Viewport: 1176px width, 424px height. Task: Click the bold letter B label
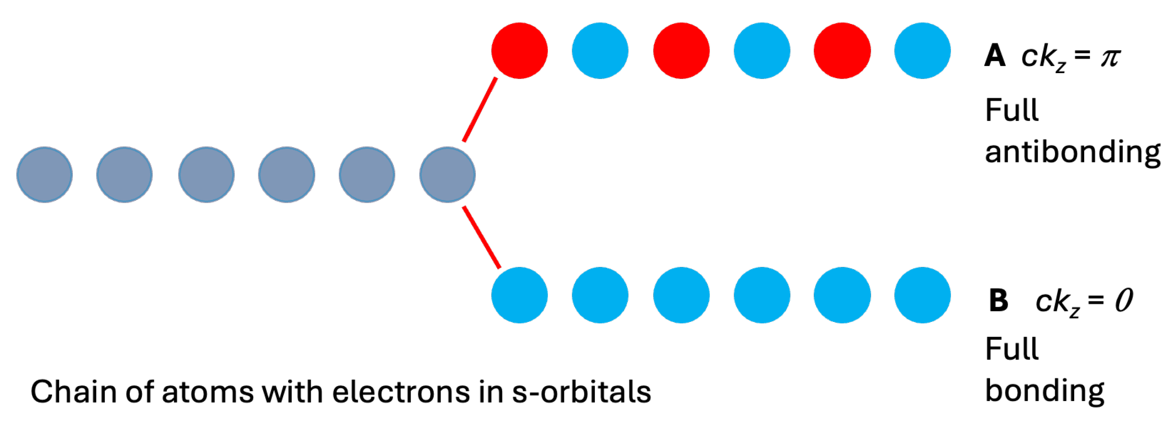point(998,300)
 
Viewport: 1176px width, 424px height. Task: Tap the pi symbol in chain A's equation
point(1110,57)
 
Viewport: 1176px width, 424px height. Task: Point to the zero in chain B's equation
point(1124,300)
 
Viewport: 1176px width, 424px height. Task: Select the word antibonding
point(1072,151)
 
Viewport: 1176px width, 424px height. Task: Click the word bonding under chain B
point(1044,391)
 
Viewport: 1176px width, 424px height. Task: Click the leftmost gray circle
point(44,175)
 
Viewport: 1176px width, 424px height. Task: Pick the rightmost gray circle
point(447,175)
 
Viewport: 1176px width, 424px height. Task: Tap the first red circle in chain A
point(520,51)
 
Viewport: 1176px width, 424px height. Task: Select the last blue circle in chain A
point(922,51)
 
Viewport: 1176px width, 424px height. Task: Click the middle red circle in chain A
point(681,51)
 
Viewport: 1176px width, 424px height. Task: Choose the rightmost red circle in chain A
point(842,51)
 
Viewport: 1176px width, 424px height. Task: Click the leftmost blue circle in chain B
point(520,295)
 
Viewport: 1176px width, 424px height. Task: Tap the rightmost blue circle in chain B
point(922,295)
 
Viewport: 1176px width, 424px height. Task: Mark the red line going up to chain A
point(480,109)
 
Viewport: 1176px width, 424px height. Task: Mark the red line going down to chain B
point(482,237)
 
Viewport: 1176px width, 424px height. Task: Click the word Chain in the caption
point(73,391)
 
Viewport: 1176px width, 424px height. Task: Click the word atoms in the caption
point(208,391)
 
